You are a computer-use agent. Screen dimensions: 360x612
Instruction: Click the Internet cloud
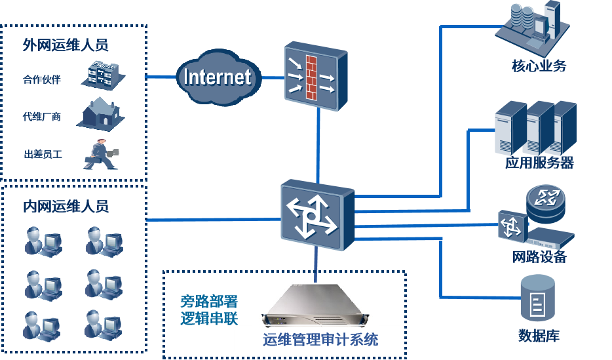point(216,77)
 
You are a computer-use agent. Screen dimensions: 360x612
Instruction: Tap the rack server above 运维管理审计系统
point(315,306)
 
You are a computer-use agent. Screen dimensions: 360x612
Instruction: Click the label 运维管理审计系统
point(320,340)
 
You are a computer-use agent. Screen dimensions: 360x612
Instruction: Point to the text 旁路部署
point(209,302)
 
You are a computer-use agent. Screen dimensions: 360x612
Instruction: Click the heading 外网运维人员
point(66,45)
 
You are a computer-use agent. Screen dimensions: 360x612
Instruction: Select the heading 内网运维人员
point(66,207)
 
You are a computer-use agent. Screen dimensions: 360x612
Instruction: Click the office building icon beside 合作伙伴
point(102,73)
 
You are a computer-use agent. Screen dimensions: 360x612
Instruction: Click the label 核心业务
point(539,66)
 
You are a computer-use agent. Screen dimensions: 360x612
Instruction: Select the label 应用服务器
point(539,163)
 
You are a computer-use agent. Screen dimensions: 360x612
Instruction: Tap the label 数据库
point(539,336)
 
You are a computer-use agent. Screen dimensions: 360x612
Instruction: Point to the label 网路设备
point(539,257)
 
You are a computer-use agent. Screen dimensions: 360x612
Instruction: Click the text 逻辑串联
point(209,319)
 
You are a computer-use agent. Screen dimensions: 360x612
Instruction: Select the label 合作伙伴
point(41,80)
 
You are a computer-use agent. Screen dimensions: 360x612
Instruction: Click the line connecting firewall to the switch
point(318,144)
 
